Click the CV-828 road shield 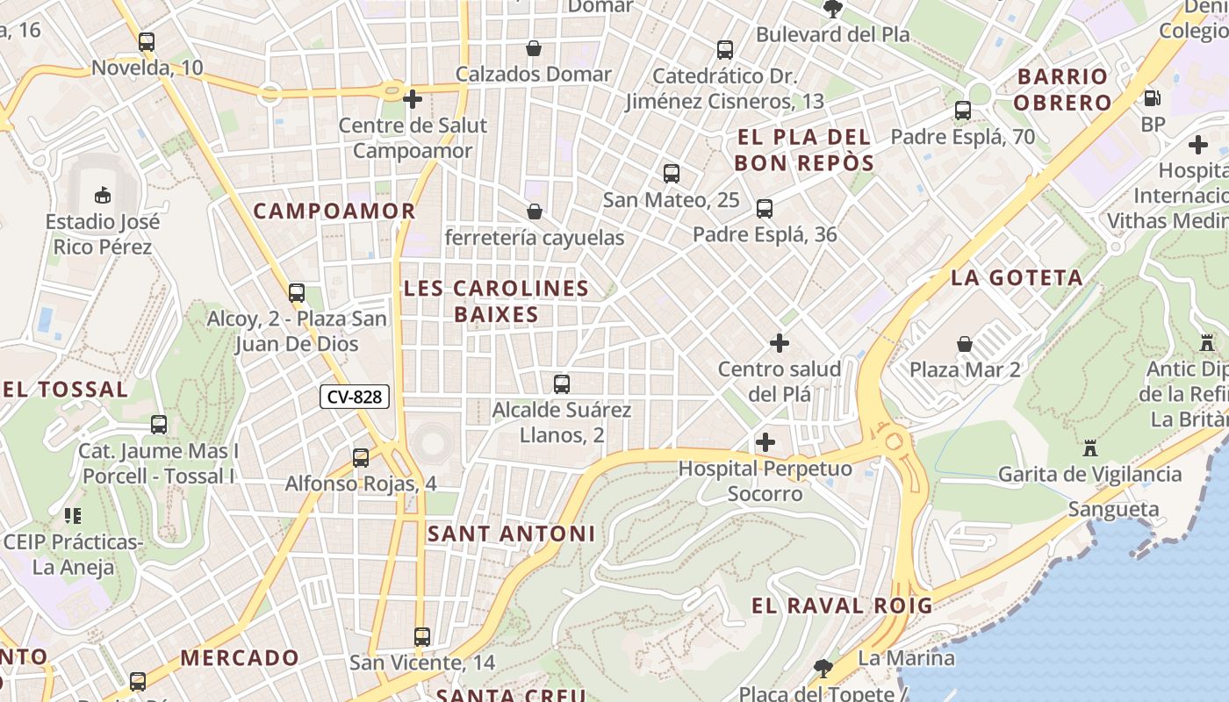tap(355, 397)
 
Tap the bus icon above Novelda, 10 tap(147, 41)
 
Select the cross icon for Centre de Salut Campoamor tap(413, 99)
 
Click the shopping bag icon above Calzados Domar tap(533, 47)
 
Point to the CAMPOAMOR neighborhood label tap(334, 211)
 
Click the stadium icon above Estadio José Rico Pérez tap(103, 194)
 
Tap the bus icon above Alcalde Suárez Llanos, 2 tap(562, 383)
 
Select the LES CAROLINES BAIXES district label tap(496, 301)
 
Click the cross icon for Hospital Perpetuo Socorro tap(765, 441)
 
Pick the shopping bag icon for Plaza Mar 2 tap(965, 343)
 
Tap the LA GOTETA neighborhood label tap(1017, 278)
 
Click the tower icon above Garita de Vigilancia tap(1090, 448)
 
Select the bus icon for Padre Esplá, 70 tap(963, 111)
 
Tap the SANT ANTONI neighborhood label tap(511, 534)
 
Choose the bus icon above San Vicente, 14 tap(422, 636)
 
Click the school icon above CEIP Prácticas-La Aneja tap(73, 516)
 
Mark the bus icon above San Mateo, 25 tap(672, 174)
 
